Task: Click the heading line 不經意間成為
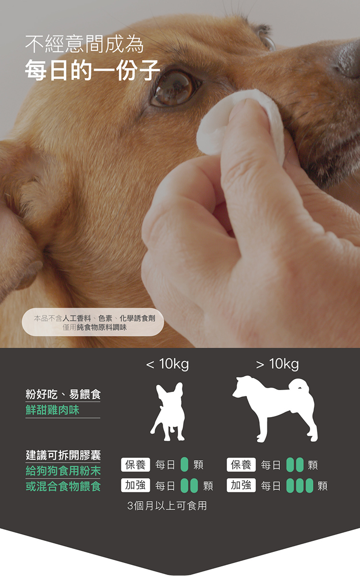click(x=84, y=44)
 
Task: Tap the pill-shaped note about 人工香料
click(x=93, y=322)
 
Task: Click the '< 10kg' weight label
click(x=168, y=364)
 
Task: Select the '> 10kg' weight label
click(x=277, y=364)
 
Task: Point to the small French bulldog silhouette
click(x=168, y=411)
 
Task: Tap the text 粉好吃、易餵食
click(x=63, y=394)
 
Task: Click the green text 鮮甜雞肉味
click(x=52, y=410)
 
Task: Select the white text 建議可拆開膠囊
click(x=63, y=455)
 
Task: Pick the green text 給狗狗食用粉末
click(x=63, y=471)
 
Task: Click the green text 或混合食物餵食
click(x=63, y=486)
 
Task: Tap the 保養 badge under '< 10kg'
click(x=135, y=465)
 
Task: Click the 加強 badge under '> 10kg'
click(x=241, y=485)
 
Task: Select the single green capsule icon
click(x=184, y=465)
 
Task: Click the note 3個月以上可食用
click(x=167, y=506)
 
